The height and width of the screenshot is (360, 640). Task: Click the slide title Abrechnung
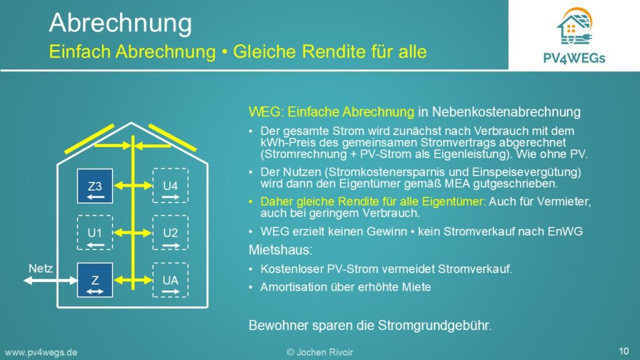coord(120,24)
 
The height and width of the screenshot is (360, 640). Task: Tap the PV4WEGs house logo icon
coord(575,26)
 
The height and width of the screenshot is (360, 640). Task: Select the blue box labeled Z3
coord(95,186)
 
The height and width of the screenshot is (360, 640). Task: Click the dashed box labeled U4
coord(170,186)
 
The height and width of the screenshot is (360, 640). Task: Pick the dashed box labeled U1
coord(95,232)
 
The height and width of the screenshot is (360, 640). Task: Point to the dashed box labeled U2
coord(170,232)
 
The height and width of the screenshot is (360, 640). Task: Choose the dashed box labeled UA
coord(170,280)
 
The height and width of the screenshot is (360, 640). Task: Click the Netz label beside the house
coord(41,269)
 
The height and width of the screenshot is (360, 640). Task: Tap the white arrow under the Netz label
coord(50,281)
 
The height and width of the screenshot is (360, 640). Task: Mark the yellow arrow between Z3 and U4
coord(133,186)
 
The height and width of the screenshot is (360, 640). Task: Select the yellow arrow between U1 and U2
coord(133,233)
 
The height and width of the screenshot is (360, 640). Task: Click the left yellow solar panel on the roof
coord(89,139)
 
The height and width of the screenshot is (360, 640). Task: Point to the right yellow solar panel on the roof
coord(172,137)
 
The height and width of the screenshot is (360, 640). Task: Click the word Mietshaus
coord(281,250)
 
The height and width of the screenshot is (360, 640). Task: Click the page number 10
coord(624,351)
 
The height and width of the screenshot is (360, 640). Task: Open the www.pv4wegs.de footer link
coord(41,352)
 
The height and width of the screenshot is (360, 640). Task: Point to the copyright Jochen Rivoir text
coord(320,352)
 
